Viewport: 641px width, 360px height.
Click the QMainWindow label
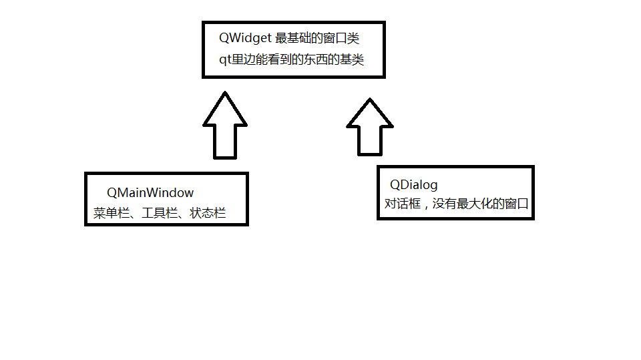click(150, 192)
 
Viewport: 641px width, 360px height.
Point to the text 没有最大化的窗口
click(480, 204)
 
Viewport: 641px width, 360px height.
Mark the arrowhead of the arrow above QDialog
click(371, 115)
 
